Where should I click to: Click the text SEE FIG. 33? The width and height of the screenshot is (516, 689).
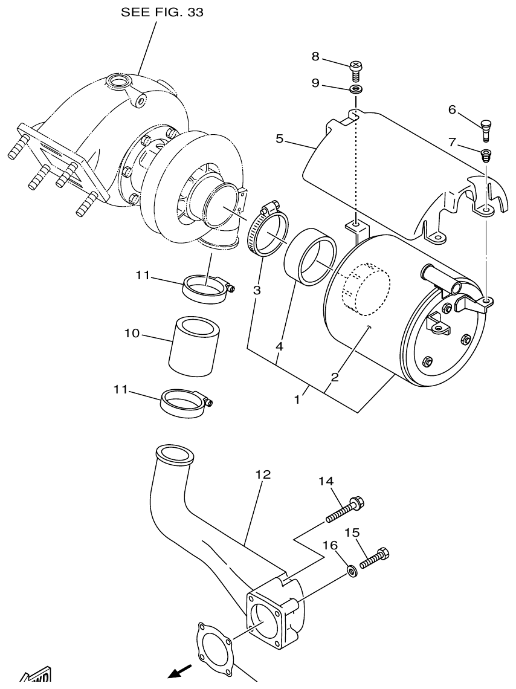(x=162, y=13)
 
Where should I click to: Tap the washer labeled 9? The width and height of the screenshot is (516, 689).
(x=356, y=90)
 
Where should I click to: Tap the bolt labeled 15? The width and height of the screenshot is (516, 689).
(x=375, y=557)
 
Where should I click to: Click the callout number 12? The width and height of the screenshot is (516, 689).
(x=262, y=474)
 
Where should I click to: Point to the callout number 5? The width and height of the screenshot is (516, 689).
(x=279, y=138)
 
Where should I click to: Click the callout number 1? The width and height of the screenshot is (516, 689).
(x=297, y=400)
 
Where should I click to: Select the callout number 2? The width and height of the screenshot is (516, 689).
(x=334, y=377)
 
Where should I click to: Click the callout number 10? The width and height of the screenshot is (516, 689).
(x=132, y=333)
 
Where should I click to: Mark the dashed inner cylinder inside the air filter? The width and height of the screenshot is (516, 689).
(x=366, y=290)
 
